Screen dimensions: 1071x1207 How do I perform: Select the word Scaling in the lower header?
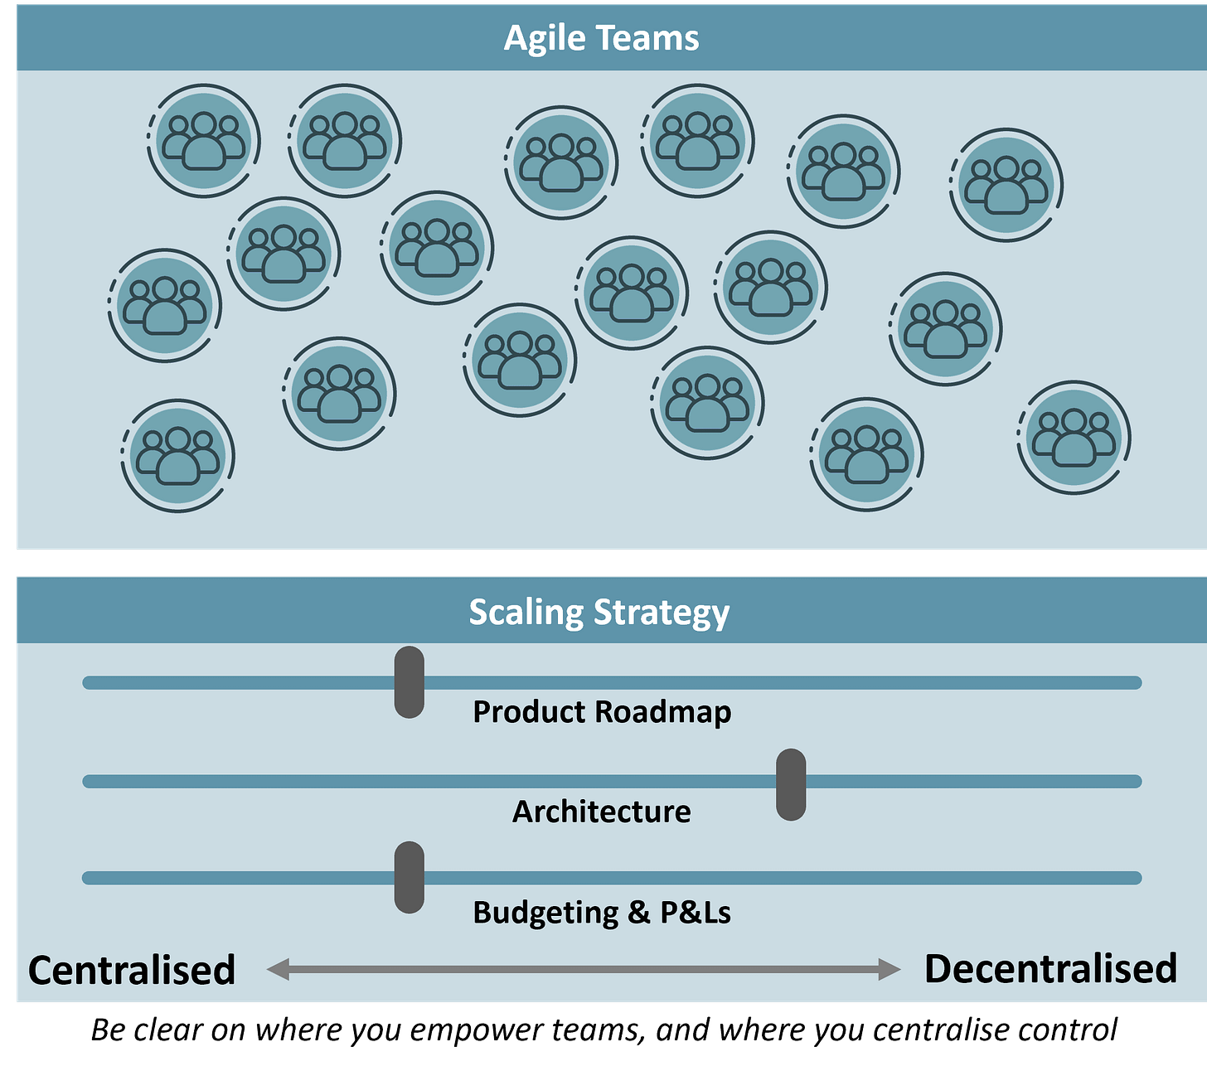(x=526, y=613)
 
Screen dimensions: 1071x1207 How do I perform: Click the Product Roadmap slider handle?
(x=410, y=682)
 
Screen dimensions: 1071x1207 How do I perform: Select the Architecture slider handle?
(x=791, y=784)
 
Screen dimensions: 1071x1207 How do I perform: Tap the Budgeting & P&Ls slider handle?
(x=410, y=878)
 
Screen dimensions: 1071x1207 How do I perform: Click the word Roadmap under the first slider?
(x=663, y=712)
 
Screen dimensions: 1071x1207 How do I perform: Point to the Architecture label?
(x=601, y=811)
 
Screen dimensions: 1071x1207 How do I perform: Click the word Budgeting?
(x=545, y=913)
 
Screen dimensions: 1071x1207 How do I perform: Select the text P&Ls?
(x=696, y=913)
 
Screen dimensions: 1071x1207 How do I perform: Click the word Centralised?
(x=132, y=970)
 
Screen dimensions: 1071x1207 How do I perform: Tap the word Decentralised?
(x=1050, y=968)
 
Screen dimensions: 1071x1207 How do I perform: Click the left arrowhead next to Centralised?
(x=278, y=968)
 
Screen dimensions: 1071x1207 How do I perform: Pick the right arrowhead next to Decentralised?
(x=889, y=968)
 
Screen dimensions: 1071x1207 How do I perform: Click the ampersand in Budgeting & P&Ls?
(x=638, y=913)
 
